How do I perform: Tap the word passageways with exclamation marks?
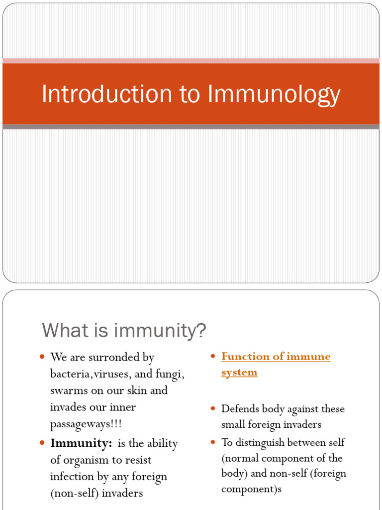86,424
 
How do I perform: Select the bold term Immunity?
79,443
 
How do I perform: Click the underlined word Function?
245,357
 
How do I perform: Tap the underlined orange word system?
239,372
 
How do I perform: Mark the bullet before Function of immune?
212,357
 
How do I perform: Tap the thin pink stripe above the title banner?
191,61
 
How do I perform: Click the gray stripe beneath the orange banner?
191,127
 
